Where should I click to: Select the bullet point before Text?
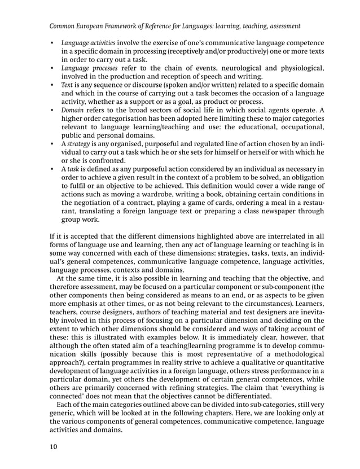[x=52, y=86]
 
